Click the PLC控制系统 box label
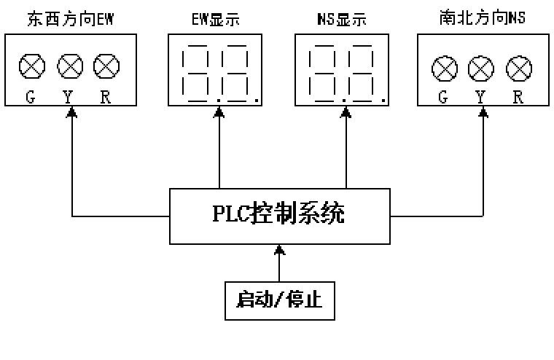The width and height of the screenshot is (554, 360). click(278, 214)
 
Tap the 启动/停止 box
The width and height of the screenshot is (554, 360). click(279, 301)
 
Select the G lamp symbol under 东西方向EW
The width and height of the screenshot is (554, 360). click(32, 66)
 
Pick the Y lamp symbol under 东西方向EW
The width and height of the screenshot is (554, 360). click(70, 66)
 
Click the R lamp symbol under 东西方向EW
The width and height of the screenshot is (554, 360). click(106, 66)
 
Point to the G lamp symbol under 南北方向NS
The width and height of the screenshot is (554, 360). click(445, 69)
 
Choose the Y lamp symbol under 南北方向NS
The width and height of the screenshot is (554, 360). click(481, 69)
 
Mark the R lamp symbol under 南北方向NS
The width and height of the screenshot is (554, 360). click(519, 69)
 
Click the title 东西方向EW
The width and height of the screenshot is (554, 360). click(70, 19)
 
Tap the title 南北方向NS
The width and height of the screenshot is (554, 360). click(483, 17)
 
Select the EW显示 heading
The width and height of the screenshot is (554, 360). click(216, 19)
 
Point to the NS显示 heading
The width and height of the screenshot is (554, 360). click(342, 19)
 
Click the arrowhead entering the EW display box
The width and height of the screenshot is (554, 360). click(219, 112)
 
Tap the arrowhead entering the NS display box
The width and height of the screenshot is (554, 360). click(346, 112)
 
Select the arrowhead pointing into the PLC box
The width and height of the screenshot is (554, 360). click(279, 249)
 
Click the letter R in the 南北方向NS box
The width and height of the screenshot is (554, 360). click(518, 97)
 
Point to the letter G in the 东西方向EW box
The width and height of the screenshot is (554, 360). click(31, 97)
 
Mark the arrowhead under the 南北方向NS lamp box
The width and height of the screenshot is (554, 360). click(483, 112)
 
